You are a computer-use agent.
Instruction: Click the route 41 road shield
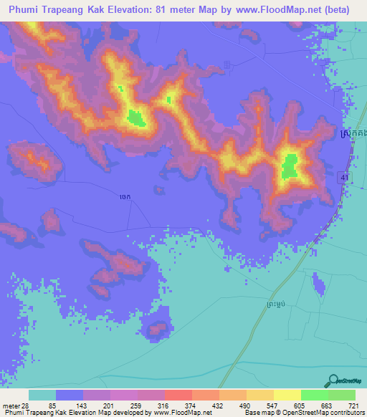tap(345, 175)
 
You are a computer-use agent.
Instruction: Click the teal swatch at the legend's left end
tap(42, 395)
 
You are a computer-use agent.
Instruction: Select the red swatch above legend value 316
tap(178, 395)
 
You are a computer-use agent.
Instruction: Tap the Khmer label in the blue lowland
tap(124, 193)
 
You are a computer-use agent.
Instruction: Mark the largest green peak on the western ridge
tap(137, 118)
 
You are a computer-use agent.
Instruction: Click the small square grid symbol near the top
tap(227, 65)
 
